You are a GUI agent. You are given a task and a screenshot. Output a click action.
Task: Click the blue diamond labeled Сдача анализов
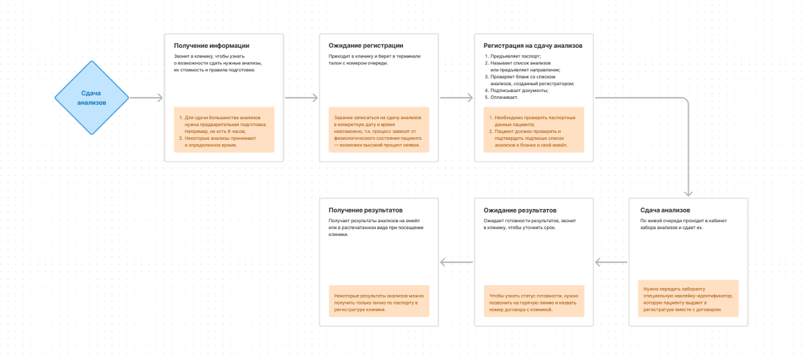(91, 98)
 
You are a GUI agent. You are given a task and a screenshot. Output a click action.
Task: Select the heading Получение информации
(212, 46)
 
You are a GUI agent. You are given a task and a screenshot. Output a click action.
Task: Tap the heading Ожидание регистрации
(366, 46)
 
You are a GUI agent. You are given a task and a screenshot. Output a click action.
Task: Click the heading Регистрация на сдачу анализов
(533, 46)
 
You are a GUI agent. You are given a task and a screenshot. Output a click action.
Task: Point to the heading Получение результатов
(365, 210)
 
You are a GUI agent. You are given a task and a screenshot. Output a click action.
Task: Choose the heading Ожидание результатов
(520, 210)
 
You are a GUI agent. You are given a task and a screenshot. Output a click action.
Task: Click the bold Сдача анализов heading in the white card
(665, 210)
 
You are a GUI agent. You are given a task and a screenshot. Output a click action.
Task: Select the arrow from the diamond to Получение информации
(146, 98)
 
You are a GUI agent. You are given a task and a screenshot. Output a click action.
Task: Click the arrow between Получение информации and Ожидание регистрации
(302, 98)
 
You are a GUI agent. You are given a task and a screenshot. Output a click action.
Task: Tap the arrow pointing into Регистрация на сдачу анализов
(457, 98)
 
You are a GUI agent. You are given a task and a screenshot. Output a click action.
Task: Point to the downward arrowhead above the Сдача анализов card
(689, 193)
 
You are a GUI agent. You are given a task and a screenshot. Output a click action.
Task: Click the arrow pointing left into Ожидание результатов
(611, 262)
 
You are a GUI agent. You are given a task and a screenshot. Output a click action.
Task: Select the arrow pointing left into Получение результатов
(456, 262)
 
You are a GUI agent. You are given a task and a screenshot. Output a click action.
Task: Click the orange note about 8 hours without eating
(224, 129)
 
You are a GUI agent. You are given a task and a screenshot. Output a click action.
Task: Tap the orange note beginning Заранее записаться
(379, 129)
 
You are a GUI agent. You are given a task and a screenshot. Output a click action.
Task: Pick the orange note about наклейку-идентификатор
(688, 298)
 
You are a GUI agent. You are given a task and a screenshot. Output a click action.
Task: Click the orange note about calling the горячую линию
(534, 302)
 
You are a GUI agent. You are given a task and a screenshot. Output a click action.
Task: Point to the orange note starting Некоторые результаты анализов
(379, 302)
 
